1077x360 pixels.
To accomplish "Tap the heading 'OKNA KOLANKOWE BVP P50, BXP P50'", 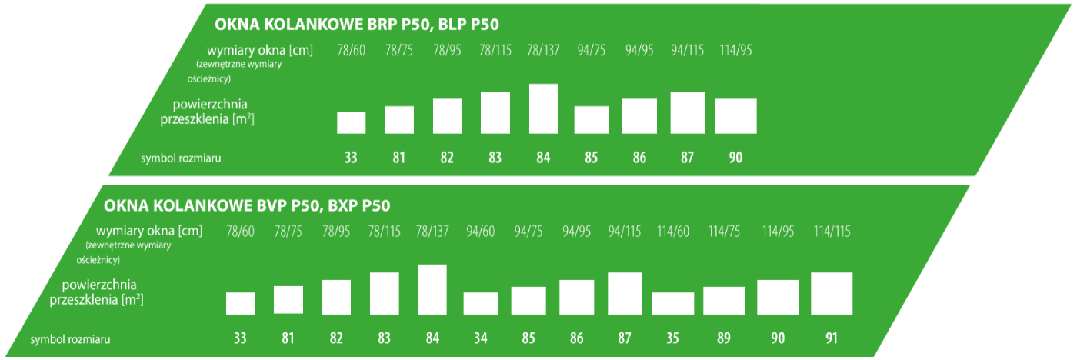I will (x=247, y=205).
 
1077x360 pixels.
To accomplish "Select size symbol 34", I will (x=480, y=338).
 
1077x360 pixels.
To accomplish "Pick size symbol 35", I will (x=672, y=338).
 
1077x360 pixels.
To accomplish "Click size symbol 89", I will (x=723, y=338).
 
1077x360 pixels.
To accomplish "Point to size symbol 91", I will (x=831, y=338).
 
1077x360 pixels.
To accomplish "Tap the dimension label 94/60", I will (x=480, y=232).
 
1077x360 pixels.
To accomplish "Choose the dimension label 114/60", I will (x=672, y=232).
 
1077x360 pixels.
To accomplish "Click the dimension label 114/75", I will (x=723, y=232).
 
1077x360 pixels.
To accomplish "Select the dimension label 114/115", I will (x=832, y=232).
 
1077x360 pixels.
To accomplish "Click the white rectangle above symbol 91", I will (x=832, y=293).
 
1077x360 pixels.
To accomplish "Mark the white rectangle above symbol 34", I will (x=481, y=303).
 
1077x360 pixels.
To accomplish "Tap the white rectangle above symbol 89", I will (x=724, y=300).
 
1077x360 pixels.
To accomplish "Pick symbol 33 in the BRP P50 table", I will (x=351, y=158).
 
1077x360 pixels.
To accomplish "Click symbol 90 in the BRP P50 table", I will (x=735, y=158).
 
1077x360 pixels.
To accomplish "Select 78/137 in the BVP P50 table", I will (x=432, y=232).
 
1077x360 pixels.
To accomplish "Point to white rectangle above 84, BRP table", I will (x=543, y=108).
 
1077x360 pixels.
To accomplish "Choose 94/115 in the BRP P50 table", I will (x=688, y=51).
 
